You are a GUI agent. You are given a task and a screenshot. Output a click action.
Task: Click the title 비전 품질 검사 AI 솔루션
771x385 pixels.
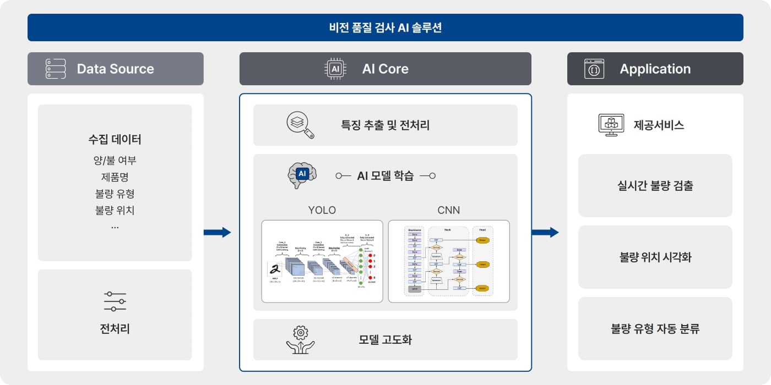coord(385,28)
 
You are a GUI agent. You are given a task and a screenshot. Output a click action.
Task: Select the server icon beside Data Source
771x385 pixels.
coord(56,69)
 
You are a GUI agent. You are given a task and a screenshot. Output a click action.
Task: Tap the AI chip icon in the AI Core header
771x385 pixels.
coord(335,69)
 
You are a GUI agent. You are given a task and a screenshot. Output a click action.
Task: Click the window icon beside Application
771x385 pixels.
coord(594,69)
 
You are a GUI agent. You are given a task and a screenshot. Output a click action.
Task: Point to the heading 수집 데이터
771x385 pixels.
coord(115,140)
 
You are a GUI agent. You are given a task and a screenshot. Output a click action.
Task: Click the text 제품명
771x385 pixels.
coord(115,177)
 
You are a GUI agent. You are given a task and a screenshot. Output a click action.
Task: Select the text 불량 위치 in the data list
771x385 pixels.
coord(115,210)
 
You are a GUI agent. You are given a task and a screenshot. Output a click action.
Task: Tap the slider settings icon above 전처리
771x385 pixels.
coord(115,301)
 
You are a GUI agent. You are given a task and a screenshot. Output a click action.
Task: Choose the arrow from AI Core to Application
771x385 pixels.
coord(545,232)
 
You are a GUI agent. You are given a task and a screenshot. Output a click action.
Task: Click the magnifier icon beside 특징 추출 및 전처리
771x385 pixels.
coord(300,125)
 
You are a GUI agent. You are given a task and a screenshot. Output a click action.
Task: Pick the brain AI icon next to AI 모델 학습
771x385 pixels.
coord(302,175)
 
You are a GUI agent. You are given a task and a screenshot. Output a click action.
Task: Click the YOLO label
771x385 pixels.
coord(322,210)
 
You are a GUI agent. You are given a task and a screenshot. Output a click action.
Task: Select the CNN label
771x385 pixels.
coord(448,210)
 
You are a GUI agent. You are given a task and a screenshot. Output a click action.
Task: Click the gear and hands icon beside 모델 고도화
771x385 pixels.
coord(300,339)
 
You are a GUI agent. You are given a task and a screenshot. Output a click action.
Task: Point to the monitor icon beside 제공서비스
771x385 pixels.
coord(611,125)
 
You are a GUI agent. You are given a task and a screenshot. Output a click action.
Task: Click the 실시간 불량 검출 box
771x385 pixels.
coord(655,185)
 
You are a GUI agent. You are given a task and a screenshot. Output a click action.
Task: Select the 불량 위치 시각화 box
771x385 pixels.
coord(655,257)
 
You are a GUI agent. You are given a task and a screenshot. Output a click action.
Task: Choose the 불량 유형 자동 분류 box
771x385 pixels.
coord(655,329)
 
